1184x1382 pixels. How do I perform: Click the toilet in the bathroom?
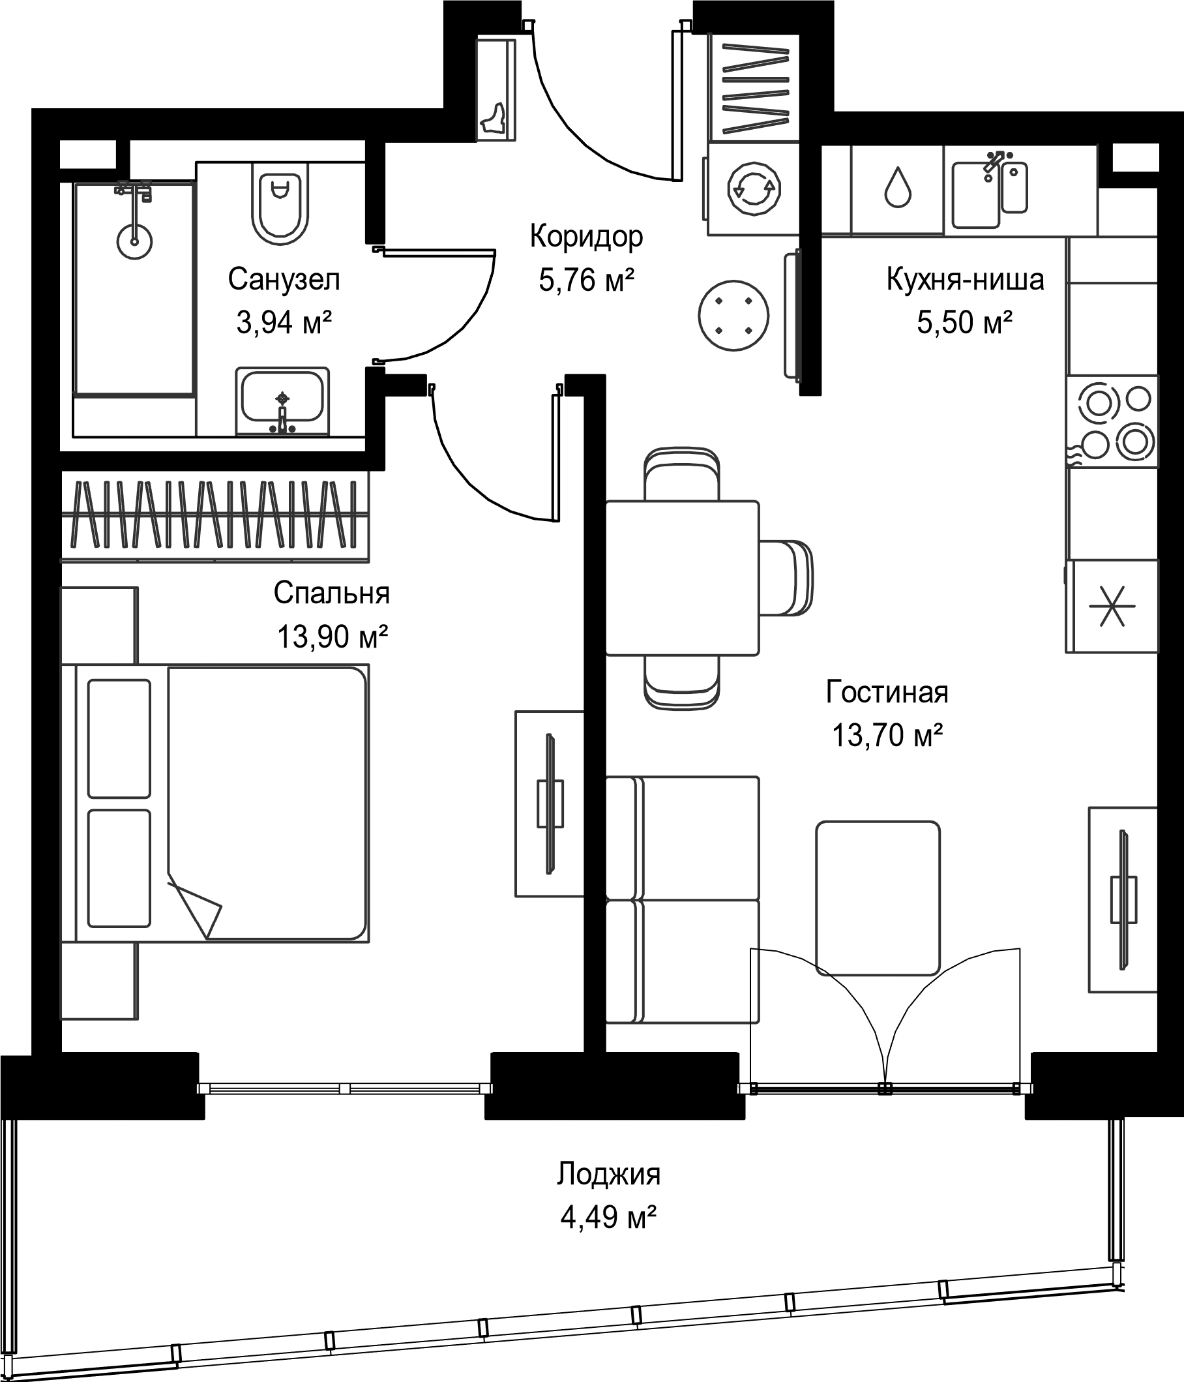click(280, 204)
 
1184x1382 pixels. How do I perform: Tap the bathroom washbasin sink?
click(283, 401)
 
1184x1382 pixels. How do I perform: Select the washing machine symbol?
click(754, 188)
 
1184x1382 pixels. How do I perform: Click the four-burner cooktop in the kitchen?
click(1112, 421)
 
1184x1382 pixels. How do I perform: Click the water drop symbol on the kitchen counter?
click(897, 187)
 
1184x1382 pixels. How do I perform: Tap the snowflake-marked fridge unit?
click(1112, 606)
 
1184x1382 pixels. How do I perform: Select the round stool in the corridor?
click(733, 316)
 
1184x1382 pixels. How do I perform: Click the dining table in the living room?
click(682, 578)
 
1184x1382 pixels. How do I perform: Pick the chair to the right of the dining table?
click(786, 578)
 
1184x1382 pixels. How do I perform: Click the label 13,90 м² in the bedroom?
click(333, 637)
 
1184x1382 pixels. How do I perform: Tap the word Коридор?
click(587, 237)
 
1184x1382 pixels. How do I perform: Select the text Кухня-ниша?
click(966, 280)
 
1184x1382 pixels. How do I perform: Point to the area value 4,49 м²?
click(609, 1217)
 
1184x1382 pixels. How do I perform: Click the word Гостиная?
click(887, 693)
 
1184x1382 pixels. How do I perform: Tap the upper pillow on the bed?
click(119, 738)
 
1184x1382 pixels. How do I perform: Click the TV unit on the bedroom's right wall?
click(550, 804)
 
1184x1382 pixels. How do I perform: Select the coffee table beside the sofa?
click(878, 899)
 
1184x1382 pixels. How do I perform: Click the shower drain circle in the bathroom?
click(135, 241)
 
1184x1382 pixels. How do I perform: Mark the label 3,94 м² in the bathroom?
click(284, 323)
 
